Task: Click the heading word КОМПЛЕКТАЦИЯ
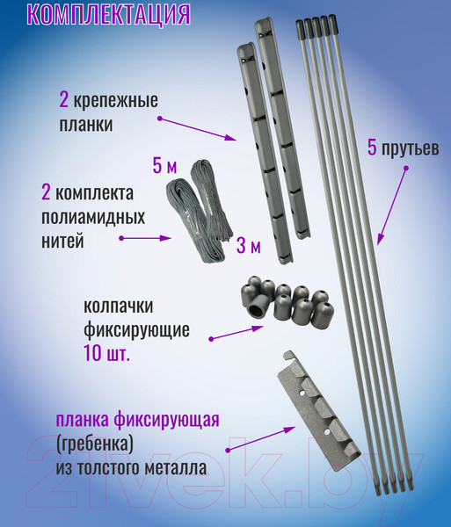[x=109, y=14]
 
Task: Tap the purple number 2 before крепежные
[x=63, y=100]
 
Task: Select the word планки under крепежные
[x=86, y=125]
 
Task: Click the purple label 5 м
[x=164, y=165]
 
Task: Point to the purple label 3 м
[x=249, y=246]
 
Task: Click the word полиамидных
[x=93, y=218]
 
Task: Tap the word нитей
[x=62, y=241]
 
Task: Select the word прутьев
[x=410, y=148]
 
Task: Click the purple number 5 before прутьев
[x=372, y=148]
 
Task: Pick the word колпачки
[x=119, y=307]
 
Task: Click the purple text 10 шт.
[x=107, y=354]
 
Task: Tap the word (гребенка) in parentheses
[x=95, y=444]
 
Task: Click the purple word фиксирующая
[x=167, y=420]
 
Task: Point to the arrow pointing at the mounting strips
[x=198, y=129]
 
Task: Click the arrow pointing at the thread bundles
[x=146, y=238]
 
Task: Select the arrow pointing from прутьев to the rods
[x=392, y=206]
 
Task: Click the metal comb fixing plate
[x=318, y=411]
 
